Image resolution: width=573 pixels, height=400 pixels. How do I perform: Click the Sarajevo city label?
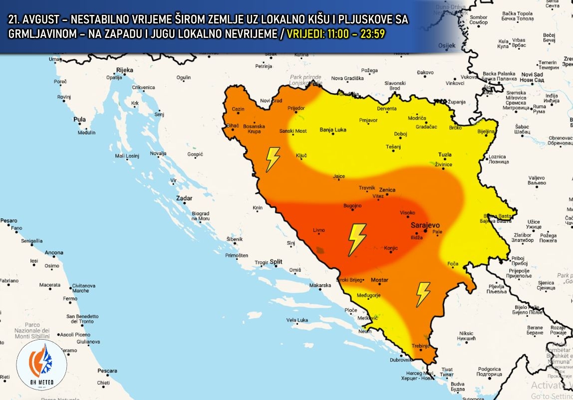[425, 225]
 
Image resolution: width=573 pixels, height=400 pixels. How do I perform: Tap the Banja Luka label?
[333, 130]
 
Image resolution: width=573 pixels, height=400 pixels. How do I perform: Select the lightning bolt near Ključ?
[273, 159]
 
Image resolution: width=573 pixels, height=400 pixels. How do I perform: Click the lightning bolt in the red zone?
[356, 240]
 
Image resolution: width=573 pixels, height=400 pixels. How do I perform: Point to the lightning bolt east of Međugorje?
[423, 294]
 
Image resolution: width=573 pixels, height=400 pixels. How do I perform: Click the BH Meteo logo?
[41, 365]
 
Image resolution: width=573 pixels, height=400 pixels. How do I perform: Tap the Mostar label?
[380, 280]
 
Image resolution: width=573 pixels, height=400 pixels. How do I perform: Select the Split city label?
[276, 262]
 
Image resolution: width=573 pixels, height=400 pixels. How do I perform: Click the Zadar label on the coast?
[184, 198]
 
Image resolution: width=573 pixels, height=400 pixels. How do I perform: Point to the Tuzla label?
[445, 154]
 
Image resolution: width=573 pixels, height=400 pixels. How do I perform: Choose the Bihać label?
[233, 126]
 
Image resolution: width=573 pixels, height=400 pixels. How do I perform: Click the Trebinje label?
[420, 345]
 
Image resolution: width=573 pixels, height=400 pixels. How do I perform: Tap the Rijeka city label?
[124, 70]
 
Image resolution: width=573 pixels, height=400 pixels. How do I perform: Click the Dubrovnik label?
[401, 359]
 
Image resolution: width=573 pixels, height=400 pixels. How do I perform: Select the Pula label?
[79, 120]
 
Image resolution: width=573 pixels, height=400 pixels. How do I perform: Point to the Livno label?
[318, 230]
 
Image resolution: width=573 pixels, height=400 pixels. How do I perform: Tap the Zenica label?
[387, 190]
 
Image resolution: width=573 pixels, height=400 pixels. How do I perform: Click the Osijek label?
[447, 45]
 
